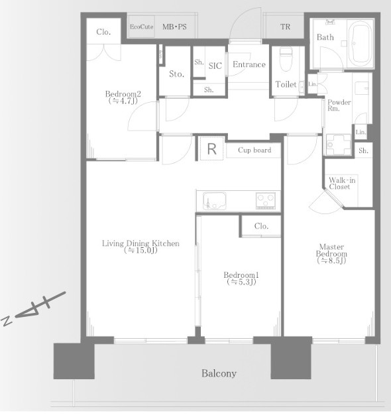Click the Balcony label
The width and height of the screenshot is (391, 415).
pos(219,373)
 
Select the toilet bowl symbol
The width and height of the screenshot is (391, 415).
pos(286,59)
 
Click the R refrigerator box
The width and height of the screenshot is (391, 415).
pos(211,148)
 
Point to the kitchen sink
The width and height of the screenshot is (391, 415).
pos(214,200)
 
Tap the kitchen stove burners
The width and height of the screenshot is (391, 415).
pos(266,201)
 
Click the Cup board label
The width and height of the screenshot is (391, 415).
pos(254,150)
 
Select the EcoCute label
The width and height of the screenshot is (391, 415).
pos(142,27)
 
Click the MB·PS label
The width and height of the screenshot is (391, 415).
pos(174,27)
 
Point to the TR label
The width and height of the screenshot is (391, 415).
pos(285,27)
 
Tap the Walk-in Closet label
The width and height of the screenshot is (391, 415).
pos(342,183)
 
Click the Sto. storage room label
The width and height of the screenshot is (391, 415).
pos(176,74)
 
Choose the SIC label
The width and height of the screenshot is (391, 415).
pos(215,66)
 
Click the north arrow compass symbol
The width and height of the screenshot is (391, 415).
pos(33,309)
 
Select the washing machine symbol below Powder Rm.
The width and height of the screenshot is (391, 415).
pos(339,145)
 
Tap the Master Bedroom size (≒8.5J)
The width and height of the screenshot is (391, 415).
pos(331,261)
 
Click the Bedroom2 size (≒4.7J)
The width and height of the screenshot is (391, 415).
pos(123,101)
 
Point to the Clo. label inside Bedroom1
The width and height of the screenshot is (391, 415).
pos(261,226)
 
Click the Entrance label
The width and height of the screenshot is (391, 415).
pos(249,64)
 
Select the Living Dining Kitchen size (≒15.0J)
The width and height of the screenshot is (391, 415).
pos(140,250)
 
